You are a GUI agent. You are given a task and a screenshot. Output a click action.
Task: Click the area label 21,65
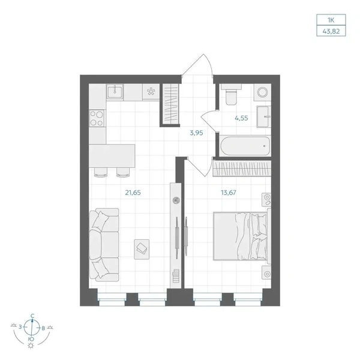pyautogui.click(x=133, y=193)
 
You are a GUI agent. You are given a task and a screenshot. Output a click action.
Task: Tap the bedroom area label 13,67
pyautogui.click(x=229, y=193)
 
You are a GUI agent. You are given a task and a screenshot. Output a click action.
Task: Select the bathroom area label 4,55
pyautogui.click(x=241, y=118)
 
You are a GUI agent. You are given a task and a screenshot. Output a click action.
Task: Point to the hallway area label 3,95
pyautogui.click(x=197, y=133)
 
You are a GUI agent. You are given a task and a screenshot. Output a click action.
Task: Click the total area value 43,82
pyautogui.click(x=331, y=31)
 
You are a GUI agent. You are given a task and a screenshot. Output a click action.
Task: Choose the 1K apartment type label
pyautogui.click(x=331, y=20)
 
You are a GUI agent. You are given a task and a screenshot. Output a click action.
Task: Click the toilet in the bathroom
pyautogui.click(x=231, y=94)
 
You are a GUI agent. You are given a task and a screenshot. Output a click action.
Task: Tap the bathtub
pyautogui.click(x=245, y=146)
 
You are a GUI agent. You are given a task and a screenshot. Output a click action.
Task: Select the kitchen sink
pyautogui.click(x=115, y=91)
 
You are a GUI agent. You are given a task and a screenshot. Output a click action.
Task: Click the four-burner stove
pyautogui.click(x=97, y=118)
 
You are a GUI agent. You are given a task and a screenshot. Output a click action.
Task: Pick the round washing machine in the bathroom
pyautogui.click(x=262, y=92)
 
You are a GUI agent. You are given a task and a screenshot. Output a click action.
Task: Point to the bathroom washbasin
pyautogui.click(x=263, y=116)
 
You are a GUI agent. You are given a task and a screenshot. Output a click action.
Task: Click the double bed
pyautogui.click(x=242, y=236)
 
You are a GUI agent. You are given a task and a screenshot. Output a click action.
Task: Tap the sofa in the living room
pyautogui.click(x=104, y=245)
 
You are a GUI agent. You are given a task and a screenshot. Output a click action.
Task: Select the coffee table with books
pyautogui.click(x=142, y=250)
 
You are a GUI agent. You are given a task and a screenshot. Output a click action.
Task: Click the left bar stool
pyautogui.click(x=101, y=172)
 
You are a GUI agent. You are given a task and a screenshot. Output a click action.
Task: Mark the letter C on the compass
pyautogui.click(x=32, y=316)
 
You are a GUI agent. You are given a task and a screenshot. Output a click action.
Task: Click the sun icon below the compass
pyautogui.click(x=31, y=346)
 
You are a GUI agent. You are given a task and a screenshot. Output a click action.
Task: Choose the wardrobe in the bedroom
pyautogui.click(x=242, y=169)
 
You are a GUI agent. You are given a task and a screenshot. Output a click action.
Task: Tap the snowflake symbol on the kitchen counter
pyautogui.click(x=151, y=92)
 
